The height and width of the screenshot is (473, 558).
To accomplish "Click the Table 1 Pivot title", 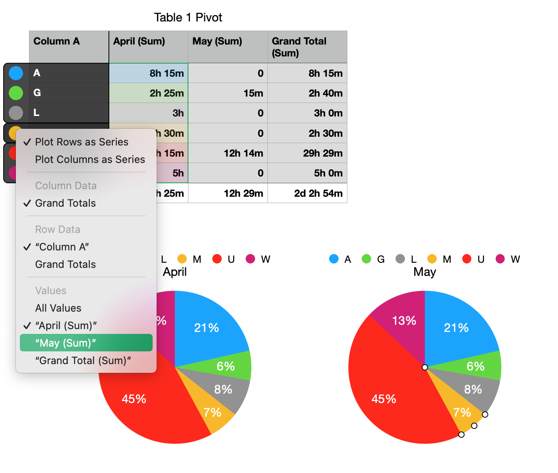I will pyautogui.click(x=188, y=17).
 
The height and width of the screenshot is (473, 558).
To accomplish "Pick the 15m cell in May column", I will pyautogui.click(x=253, y=93).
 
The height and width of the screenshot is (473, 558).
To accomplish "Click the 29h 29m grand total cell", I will pyautogui.click(x=322, y=153).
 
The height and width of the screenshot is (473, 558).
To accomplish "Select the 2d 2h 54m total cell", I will pyautogui.click(x=318, y=194).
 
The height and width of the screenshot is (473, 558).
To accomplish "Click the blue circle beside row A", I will pyautogui.click(x=16, y=73).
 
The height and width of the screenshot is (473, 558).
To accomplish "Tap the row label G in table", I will pyautogui.click(x=37, y=93).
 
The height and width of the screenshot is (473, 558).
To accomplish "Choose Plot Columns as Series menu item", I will pyautogui.click(x=90, y=159).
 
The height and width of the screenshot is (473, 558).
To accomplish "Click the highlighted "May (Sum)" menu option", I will pyautogui.click(x=86, y=343).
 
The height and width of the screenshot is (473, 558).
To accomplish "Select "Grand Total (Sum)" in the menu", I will pyautogui.click(x=83, y=361).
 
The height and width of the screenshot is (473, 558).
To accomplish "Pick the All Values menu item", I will pyautogui.click(x=58, y=308).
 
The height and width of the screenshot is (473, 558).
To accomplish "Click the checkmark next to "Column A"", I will pyautogui.click(x=27, y=247).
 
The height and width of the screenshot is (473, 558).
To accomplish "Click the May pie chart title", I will pyautogui.click(x=424, y=272).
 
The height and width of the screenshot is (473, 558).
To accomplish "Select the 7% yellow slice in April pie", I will pyautogui.click(x=212, y=413).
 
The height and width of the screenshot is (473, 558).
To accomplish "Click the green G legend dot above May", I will pyautogui.click(x=366, y=259).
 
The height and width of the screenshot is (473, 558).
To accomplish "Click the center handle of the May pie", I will pyautogui.click(x=425, y=367).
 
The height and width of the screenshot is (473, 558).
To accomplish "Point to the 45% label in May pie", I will pyautogui.click(x=384, y=399).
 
